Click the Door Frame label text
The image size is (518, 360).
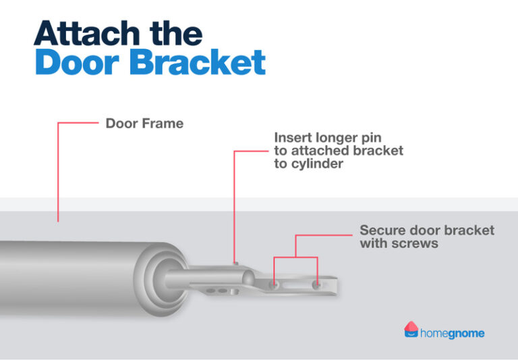[x=144, y=124]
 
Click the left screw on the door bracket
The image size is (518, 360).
[x=274, y=286]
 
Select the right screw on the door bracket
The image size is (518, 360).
[x=316, y=286]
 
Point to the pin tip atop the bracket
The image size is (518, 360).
[x=234, y=262]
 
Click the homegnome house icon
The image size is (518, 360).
[x=411, y=330]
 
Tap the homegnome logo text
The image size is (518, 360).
[x=452, y=333]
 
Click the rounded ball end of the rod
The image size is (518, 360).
[x=248, y=277]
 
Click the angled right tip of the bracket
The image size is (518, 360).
[x=334, y=287]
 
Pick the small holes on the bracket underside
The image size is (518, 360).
[x=219, y=291]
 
